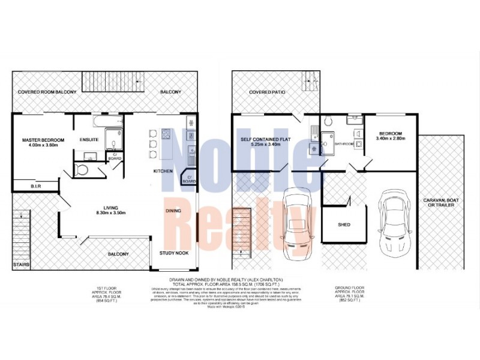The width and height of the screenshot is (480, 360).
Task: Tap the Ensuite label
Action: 89,140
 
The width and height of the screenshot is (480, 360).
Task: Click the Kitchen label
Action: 163,171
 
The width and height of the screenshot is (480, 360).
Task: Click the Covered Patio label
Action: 268,92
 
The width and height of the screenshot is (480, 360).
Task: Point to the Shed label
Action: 344,225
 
